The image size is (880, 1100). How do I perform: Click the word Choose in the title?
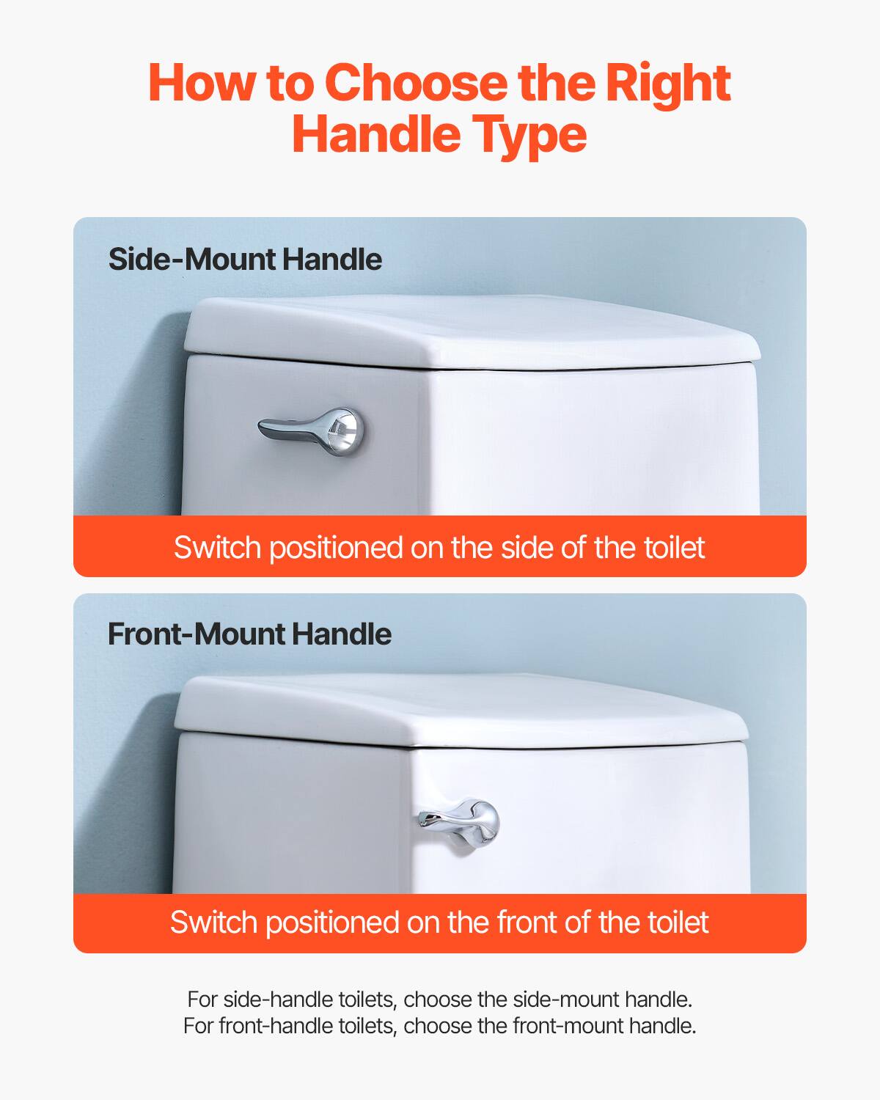click(415, 83)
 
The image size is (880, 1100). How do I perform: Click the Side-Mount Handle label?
click(245, 260)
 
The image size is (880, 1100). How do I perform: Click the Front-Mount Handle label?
click(249, 634)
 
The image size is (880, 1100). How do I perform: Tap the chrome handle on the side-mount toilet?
click(308, 428)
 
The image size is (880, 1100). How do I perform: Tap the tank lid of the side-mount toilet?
click(469, 330)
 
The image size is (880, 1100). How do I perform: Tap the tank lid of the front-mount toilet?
click(462, 708)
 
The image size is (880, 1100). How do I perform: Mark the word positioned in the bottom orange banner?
click(331, 923)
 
